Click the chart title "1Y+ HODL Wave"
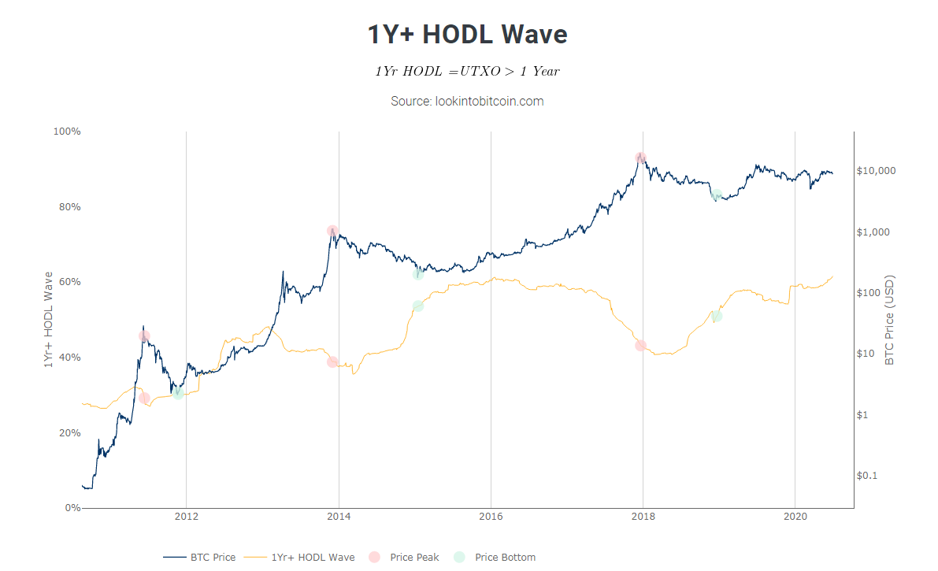[x=468, y=35]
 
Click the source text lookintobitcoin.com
[x=468, y=102]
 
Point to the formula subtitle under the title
[x=468, y=71]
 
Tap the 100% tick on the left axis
[x=67, y=131]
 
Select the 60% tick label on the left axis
[x=69, y=282]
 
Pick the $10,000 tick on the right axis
[x=876, y=171]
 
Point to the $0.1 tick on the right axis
[x=867, y=476]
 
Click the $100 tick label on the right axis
[x=869, y=293]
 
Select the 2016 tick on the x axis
[x=491, y=517]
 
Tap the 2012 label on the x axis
[x=187, y=517]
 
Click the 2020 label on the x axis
[x=795, y=517]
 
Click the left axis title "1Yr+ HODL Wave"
[x=48, y=320]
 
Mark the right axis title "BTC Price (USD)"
[x=890, y=320]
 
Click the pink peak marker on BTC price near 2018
[x=640, y=158]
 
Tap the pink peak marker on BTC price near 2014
[x=332, y=231]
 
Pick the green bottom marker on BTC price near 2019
[x=716, y=195]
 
